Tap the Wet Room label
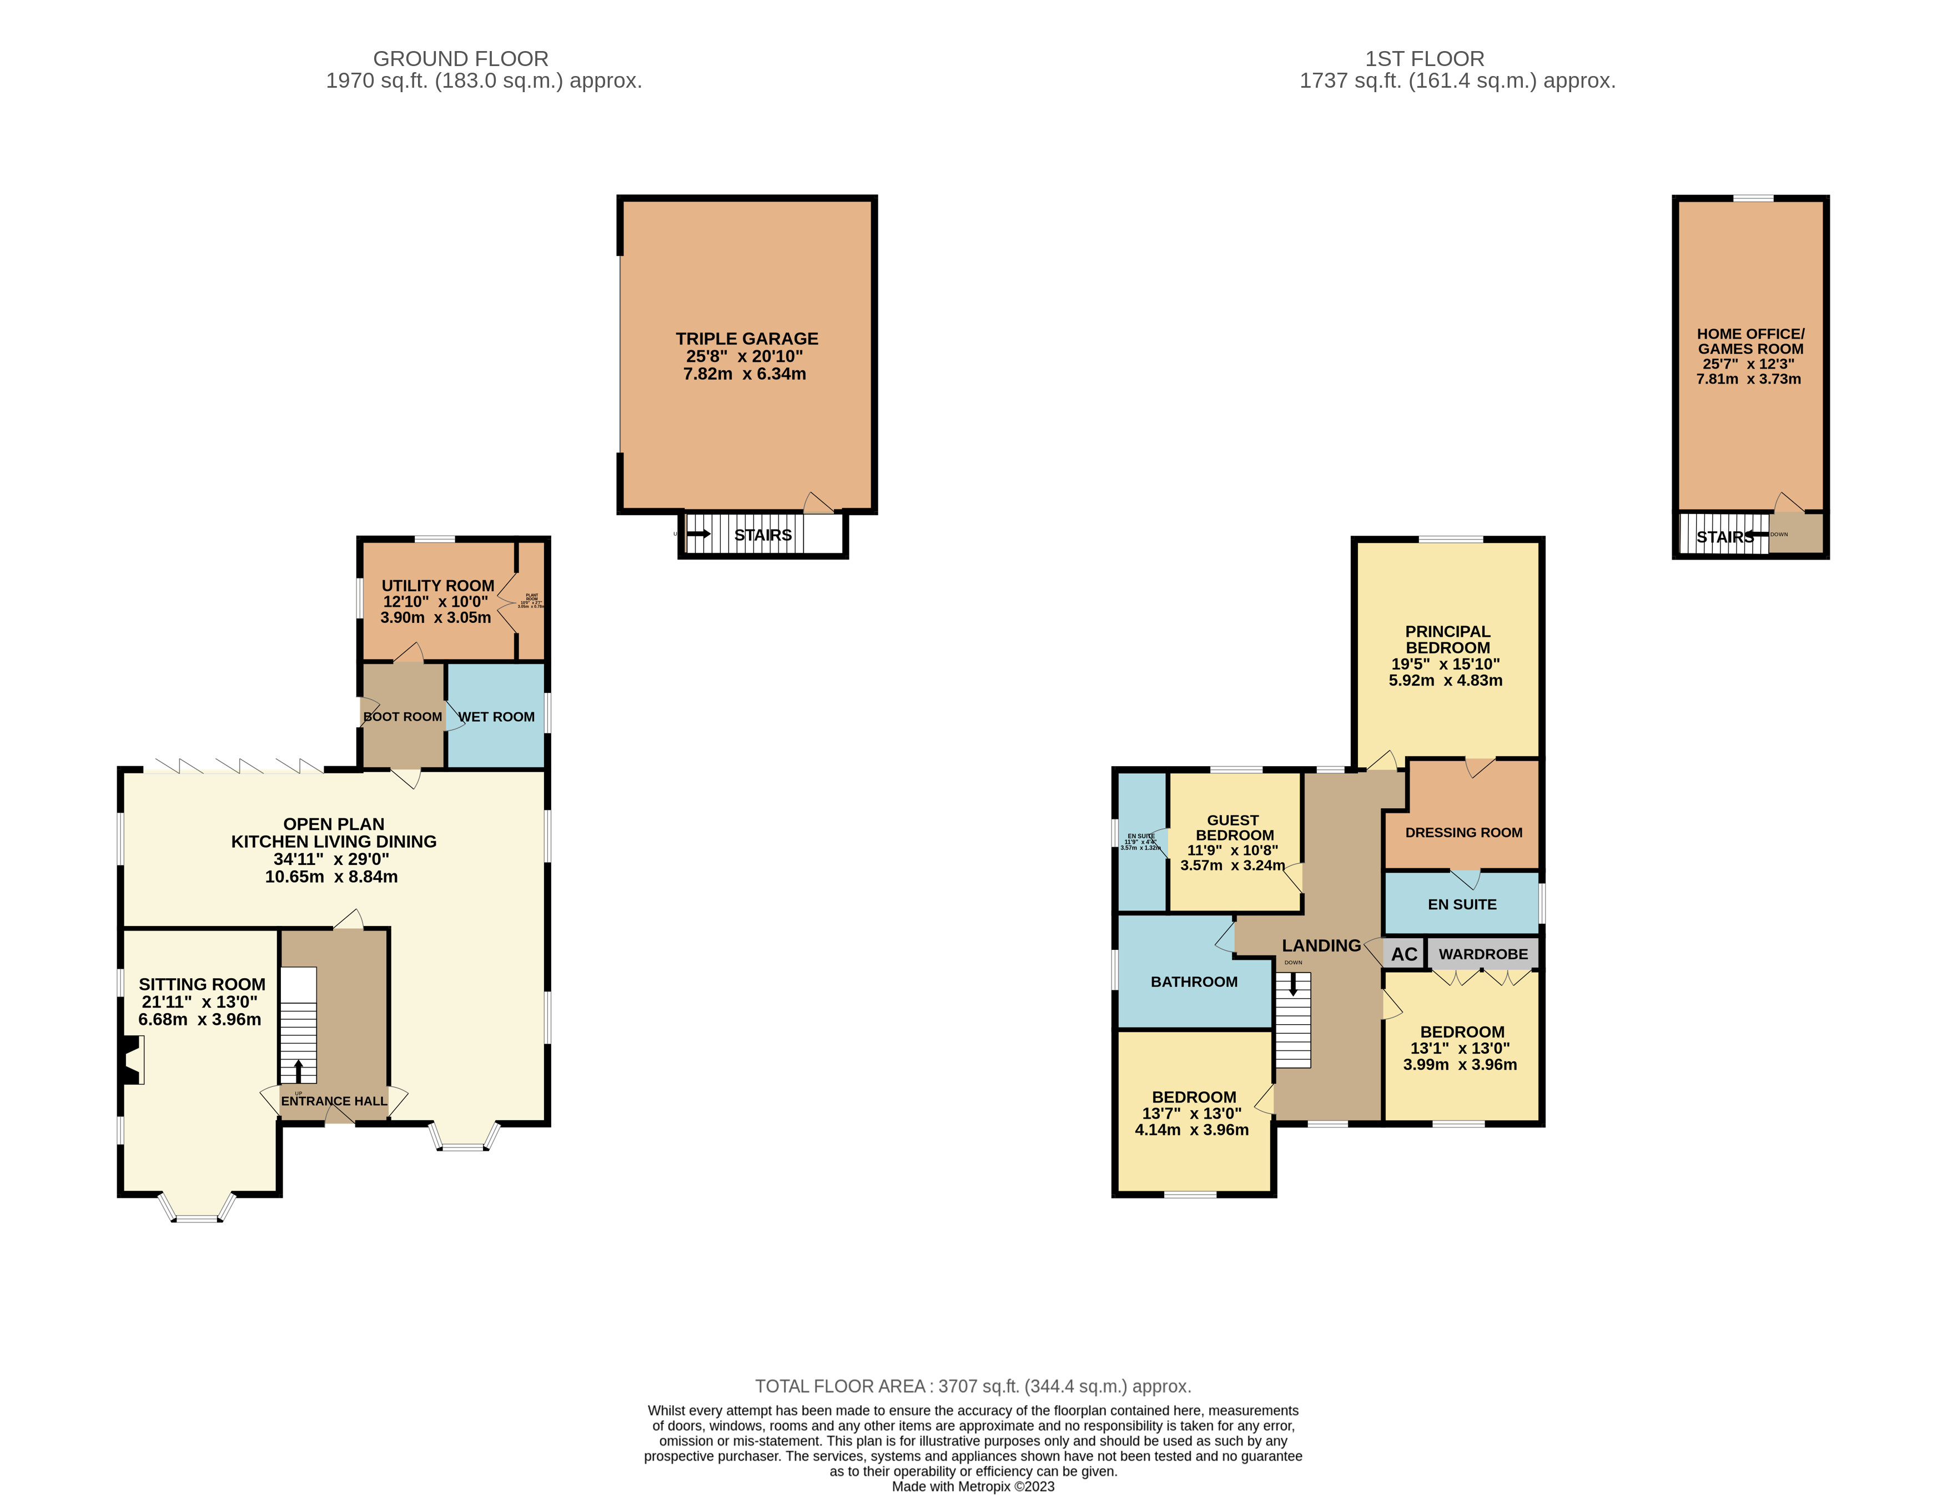click(496, 716)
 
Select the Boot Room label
click(402, 716)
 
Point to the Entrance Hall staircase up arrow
click(298, 1070)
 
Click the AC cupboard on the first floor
click(1403, 954)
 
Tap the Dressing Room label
click(1463, 832)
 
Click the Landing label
click(1321, 945)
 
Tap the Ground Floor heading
click(460, 59)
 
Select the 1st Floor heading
click(1424, 59)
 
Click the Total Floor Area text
click(973, 1386)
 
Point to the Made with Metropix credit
click(973, 1486)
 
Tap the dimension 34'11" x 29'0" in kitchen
click(331, 859)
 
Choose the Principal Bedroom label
click(1447, 639)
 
